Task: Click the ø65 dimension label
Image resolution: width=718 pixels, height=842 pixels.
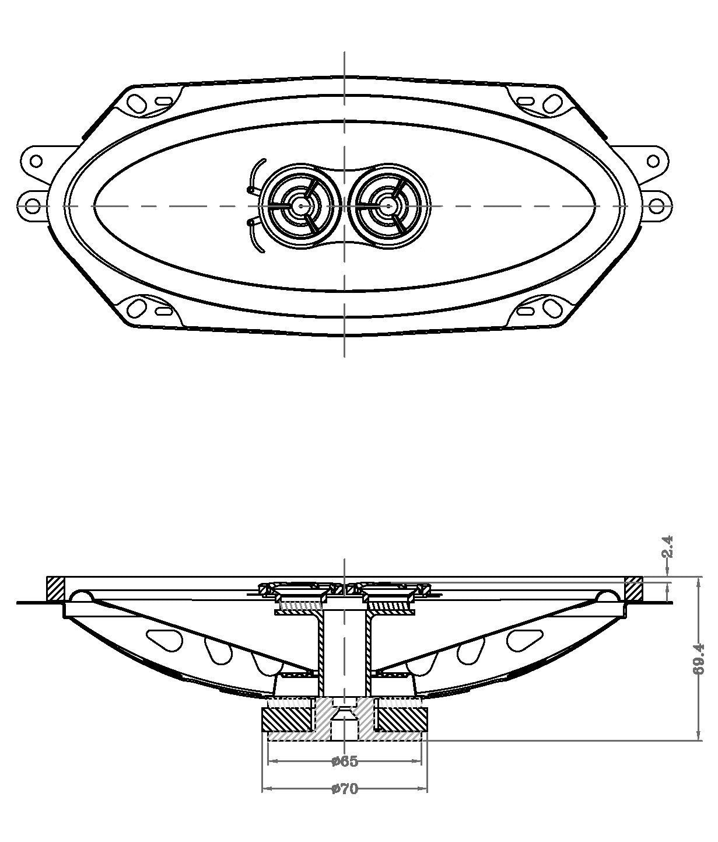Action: coord(345,761)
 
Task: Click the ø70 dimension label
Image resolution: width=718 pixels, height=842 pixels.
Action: coord(345,789)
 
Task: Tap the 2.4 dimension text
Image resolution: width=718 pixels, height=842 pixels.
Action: coord(667,547)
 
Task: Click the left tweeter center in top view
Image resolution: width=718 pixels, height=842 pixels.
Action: coord(301,206)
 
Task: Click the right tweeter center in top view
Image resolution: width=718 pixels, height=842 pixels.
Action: coord(388,206)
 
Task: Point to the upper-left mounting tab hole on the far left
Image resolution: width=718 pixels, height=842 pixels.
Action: coord(36,161)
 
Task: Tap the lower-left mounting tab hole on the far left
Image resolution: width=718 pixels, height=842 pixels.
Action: coord(33,207)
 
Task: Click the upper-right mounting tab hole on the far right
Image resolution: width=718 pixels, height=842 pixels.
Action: coord(653,161)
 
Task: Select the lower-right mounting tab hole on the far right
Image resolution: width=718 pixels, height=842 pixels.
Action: coord(656,207)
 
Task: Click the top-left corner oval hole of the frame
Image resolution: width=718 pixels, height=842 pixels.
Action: coord(136,103)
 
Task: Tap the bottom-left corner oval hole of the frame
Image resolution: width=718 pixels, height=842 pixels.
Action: coord(136,309)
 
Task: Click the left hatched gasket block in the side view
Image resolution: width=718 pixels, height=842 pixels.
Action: coord(55,588)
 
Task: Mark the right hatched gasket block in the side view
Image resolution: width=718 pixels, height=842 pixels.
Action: coord(633,588)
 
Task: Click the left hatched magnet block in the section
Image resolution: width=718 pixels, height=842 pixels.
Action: coord(288,719)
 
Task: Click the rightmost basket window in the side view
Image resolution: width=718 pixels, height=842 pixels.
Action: coord(526,640)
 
